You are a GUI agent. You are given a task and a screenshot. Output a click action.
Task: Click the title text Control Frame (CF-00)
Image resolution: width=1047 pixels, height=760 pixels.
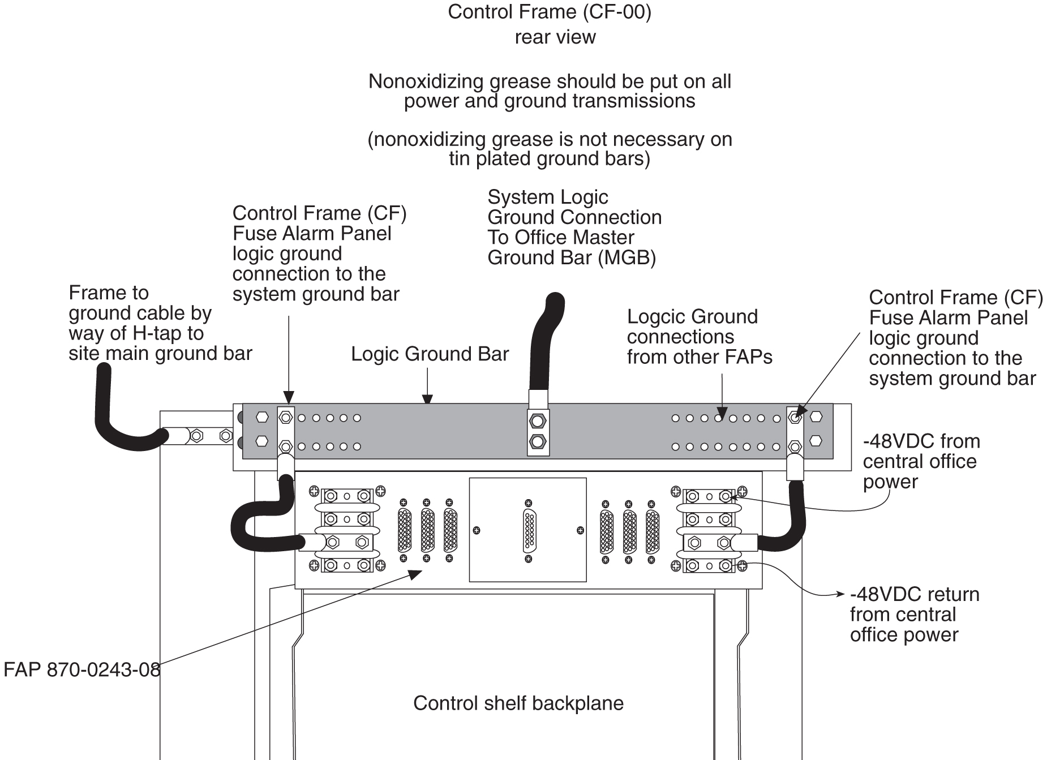(549, 12)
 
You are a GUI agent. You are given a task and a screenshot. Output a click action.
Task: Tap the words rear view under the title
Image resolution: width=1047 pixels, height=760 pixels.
(555, 37)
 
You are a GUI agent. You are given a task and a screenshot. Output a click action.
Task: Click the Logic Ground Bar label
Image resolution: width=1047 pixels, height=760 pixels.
(430, 354)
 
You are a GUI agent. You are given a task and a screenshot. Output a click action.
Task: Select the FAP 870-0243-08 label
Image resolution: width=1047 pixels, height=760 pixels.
(81, 670)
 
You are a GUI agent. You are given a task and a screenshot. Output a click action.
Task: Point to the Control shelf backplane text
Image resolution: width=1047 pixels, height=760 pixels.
(518, 703)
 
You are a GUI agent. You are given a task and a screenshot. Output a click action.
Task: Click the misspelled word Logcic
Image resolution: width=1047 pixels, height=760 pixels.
(656, 317)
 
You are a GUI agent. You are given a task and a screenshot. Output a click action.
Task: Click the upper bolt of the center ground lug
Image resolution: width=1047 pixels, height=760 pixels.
(538, 421)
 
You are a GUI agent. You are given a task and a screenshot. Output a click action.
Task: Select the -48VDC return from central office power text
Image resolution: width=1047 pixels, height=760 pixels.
(913, 615)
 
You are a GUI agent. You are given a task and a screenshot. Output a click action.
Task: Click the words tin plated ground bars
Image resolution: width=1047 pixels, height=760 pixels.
(549, 158)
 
